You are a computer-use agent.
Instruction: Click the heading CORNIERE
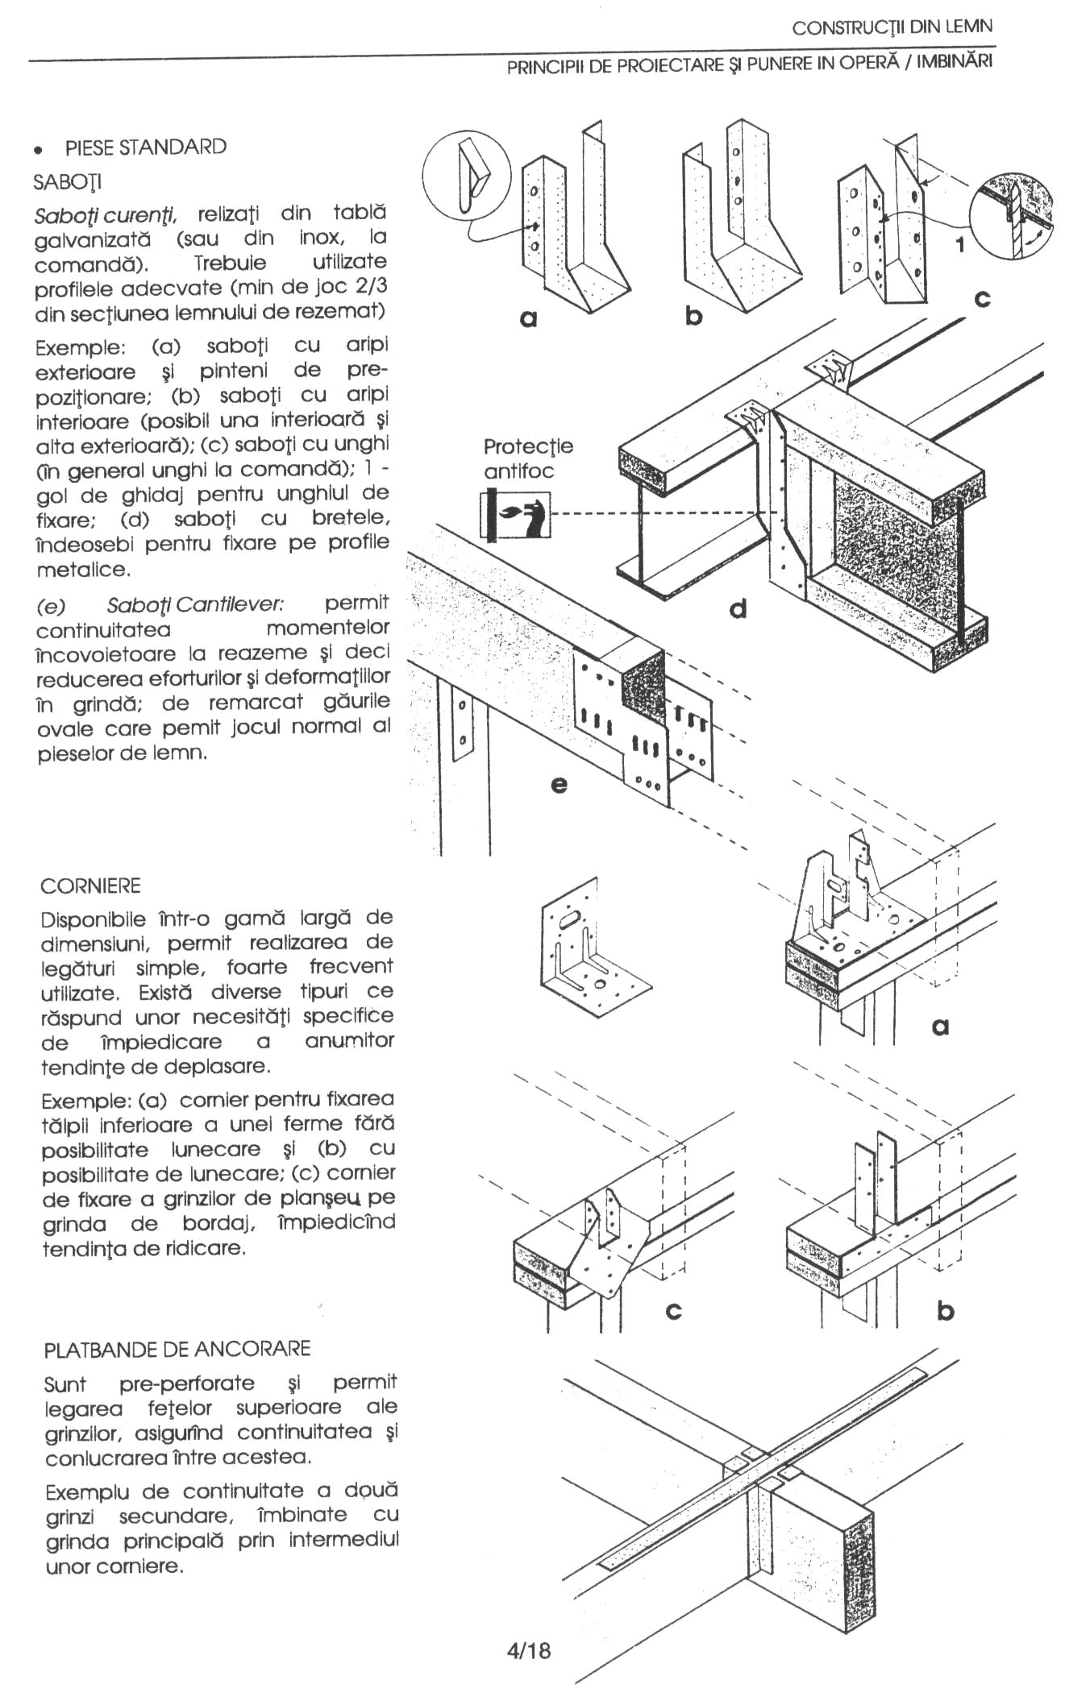(x=90, y=886)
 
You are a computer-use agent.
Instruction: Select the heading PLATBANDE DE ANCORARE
(x=177, y=1349)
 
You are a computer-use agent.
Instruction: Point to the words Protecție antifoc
(x=528, y=458)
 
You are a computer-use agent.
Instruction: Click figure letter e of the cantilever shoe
(x=558, y=783)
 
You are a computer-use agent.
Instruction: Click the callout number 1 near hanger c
(x=959, y=245)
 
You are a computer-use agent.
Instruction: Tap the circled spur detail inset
(x=467, y=174)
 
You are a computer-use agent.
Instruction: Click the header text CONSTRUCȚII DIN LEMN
(x=892, y=27)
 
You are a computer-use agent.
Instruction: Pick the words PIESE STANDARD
(x=145, y=147)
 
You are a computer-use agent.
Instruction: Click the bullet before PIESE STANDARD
(x=37, y=150)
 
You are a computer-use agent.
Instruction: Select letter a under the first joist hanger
(x=528, y=319)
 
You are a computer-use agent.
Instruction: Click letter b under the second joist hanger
(x=693, y=317)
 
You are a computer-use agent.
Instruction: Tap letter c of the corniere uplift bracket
(x=674, y=1311)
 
